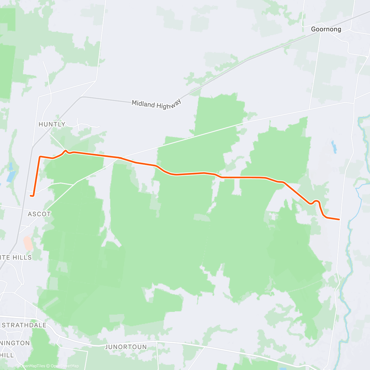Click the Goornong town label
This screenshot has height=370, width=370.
pyautogui.click(x=326, y=29)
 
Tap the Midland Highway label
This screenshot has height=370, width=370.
pyautogui.click(x=156, y=105)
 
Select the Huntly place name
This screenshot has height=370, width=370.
pyautogui.click(x=52, y=124)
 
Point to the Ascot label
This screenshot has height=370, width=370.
pyautogui.click(x=39, y=214)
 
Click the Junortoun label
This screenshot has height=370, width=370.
pyautogui.click(x=126, y=347)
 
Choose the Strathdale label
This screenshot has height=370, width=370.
pyautogui.click(x=24, y=325)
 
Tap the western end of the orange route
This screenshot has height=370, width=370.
pyautogui.click(x=31, y=195)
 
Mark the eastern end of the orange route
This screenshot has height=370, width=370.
pyautogui.click(x=339, y=219)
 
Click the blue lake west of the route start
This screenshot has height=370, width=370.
pyautogui.click(x=11, y=176)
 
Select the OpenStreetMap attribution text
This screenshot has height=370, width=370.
pyautogui.click(x=65, y=366)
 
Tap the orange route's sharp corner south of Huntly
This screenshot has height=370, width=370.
pyautogui.click(x=40, y=157)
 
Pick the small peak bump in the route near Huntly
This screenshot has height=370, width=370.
pyautogui.click(x=66, y=150)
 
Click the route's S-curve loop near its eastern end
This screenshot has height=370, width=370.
pyautogui.click(x=316, y=202)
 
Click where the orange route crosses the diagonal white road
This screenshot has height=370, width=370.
pyautogui.click(x=119, y=158)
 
